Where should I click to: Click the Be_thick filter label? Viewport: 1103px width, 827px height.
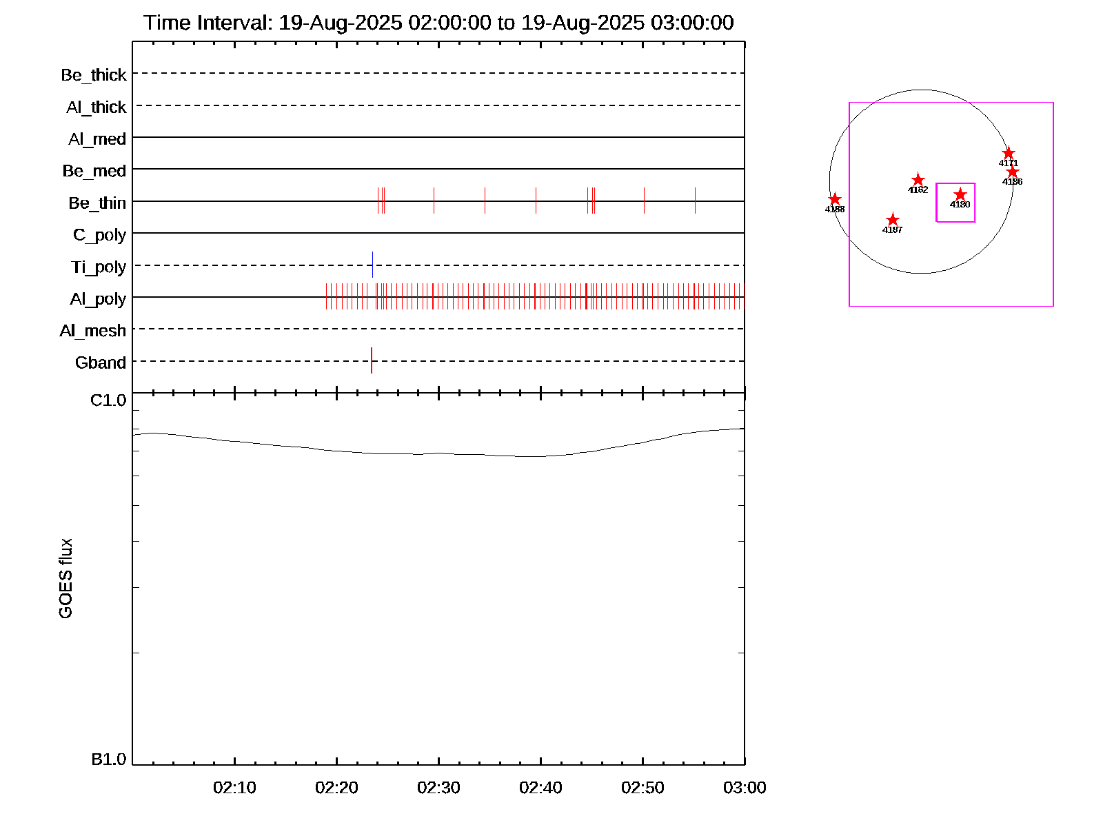tap(94, 75)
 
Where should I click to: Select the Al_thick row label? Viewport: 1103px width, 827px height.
tap(97, 108)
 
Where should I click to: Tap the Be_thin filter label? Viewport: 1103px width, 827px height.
tap(97, 203)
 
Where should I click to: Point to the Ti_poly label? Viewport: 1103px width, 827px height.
tap(99, 267)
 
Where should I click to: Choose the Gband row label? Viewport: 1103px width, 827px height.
tap(101, 363)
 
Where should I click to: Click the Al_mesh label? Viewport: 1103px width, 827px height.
tap(93, 331)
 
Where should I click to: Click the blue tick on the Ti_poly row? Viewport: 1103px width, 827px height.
tap(372, 265)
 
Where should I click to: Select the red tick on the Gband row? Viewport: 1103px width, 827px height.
tap(372, 360)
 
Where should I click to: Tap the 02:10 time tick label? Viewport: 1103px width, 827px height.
tap(234, 788)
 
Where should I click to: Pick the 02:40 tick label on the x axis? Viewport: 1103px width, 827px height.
tap(540, 788)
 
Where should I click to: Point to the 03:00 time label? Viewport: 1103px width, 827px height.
tap(745, 788)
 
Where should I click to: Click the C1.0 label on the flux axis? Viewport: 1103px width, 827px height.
tap(108, 400)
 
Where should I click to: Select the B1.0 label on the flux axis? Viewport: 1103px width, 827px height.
tap(108, 759)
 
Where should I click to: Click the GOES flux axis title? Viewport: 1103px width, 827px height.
tap(65, 579)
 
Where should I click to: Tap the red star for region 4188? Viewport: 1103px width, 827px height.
tap(834, 199)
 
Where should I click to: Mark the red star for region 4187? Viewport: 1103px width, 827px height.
tap(892, 220)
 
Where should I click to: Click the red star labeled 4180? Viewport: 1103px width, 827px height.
tap(960, 194)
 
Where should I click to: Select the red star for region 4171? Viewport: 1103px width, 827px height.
tap(1008, 153)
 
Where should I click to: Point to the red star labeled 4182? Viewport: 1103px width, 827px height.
tap(918, 180)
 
